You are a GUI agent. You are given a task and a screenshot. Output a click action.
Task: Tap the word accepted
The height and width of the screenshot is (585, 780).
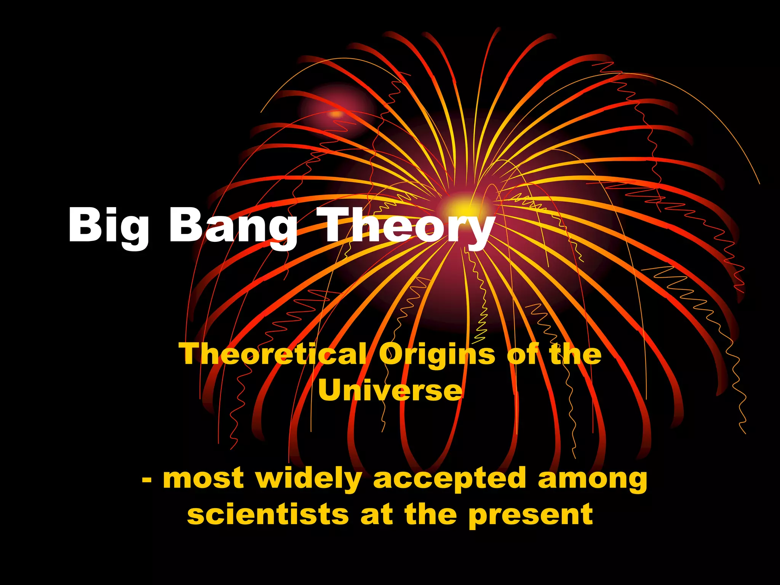(449, 479)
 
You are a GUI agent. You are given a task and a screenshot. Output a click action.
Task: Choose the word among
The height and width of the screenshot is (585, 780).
(593, 479)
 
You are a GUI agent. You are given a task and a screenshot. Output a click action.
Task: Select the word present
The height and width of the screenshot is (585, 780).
(531, 515)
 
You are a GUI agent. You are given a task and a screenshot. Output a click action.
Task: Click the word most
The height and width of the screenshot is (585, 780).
(203, 479)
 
